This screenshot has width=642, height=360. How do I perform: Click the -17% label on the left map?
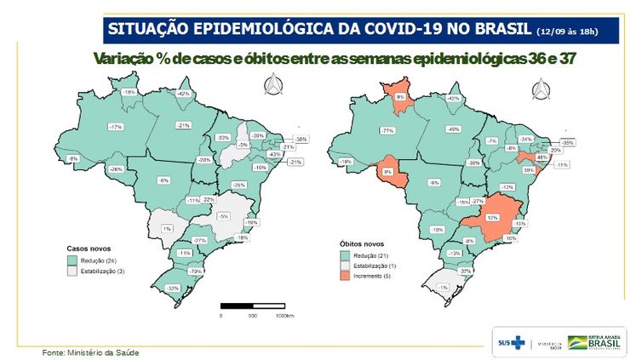pyautogui.click(x=114, y=127)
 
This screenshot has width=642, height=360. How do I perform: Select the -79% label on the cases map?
pyautogui.click(x=196, y=271)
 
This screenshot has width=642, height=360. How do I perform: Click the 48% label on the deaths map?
pyautogui.click(x=542, y=157)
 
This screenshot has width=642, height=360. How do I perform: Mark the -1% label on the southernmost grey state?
pyautogui.click(x=443, y=288)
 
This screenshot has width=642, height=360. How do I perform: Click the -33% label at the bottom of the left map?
pyautogui.click(x=174, y=289)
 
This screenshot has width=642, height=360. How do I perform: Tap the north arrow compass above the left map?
pyautogui.click(x=272, y=85)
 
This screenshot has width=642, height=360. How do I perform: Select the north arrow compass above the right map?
pyautogui.click(x=539, y=89)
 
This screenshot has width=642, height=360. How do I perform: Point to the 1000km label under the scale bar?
pyautogui.click(x=284, y=315)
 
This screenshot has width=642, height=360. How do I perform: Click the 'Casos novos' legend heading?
pyautogui.click(x=87, y=249)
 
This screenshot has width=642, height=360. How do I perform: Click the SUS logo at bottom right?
pyautogui.click(x=511, y=342)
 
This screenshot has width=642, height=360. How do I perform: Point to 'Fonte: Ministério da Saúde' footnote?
pyautogui.click(x=91, y=351)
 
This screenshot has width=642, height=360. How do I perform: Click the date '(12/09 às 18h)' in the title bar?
pyautogui.click(x=566, y=31)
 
